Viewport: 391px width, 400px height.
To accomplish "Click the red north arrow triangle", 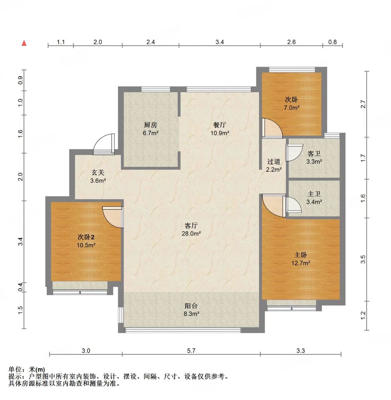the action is pos(24,43).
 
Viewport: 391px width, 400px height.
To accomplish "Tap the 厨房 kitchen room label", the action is pos(150,125).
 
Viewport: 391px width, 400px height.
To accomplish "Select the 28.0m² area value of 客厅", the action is pos(191,233).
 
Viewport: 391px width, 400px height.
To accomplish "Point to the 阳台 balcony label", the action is pos(191,306).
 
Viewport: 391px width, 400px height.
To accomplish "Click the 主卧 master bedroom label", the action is pos(300,255).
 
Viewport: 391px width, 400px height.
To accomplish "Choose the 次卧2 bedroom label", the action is pos(86,237).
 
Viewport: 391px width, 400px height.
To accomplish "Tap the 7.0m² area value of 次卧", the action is pos(291,108).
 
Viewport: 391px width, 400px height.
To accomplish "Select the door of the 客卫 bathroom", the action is pos(294,152).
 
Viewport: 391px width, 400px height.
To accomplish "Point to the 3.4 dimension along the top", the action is pos(219,42).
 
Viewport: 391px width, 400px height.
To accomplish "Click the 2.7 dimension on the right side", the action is pos(363,104).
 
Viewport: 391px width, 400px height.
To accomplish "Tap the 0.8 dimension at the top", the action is pos(332,42).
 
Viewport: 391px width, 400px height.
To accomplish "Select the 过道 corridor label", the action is pos(274,162).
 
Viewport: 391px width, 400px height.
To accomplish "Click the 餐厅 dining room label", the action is pos(219,125).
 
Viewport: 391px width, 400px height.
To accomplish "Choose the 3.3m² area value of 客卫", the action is pos(314,162).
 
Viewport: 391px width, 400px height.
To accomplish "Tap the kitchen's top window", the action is pos(156,89).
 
